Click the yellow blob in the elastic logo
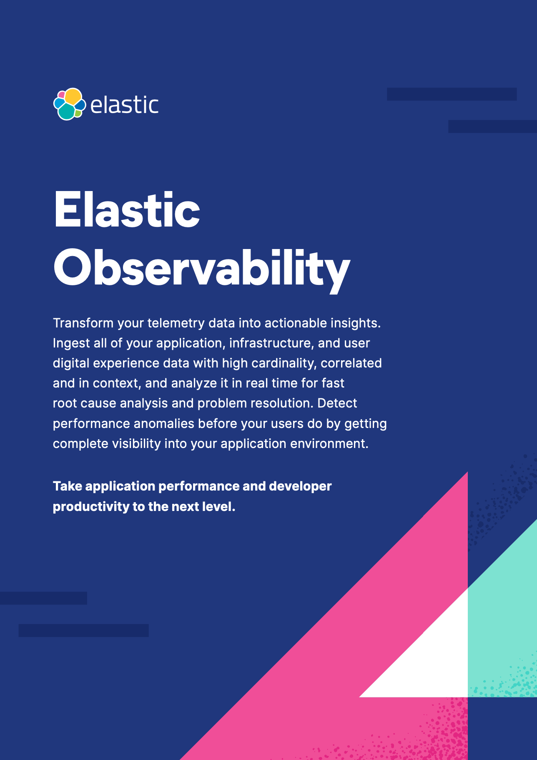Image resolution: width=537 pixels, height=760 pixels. (x=73, y=96)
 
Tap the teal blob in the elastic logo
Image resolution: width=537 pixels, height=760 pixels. (x=66, y=111)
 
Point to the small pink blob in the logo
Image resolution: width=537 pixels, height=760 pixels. (x=61, y=94)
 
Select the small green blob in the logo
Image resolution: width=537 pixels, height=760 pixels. (x=78, y=113)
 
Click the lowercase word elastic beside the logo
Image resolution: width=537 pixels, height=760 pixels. (x=124, y=105)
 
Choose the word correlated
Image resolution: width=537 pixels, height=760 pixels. (x=351, y=363)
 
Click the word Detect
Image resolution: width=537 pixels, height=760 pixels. (x=337, y=403)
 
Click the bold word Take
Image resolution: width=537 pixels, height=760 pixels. (x=68, y=486)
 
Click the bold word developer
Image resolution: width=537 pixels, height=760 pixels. (x=300, y=486)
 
